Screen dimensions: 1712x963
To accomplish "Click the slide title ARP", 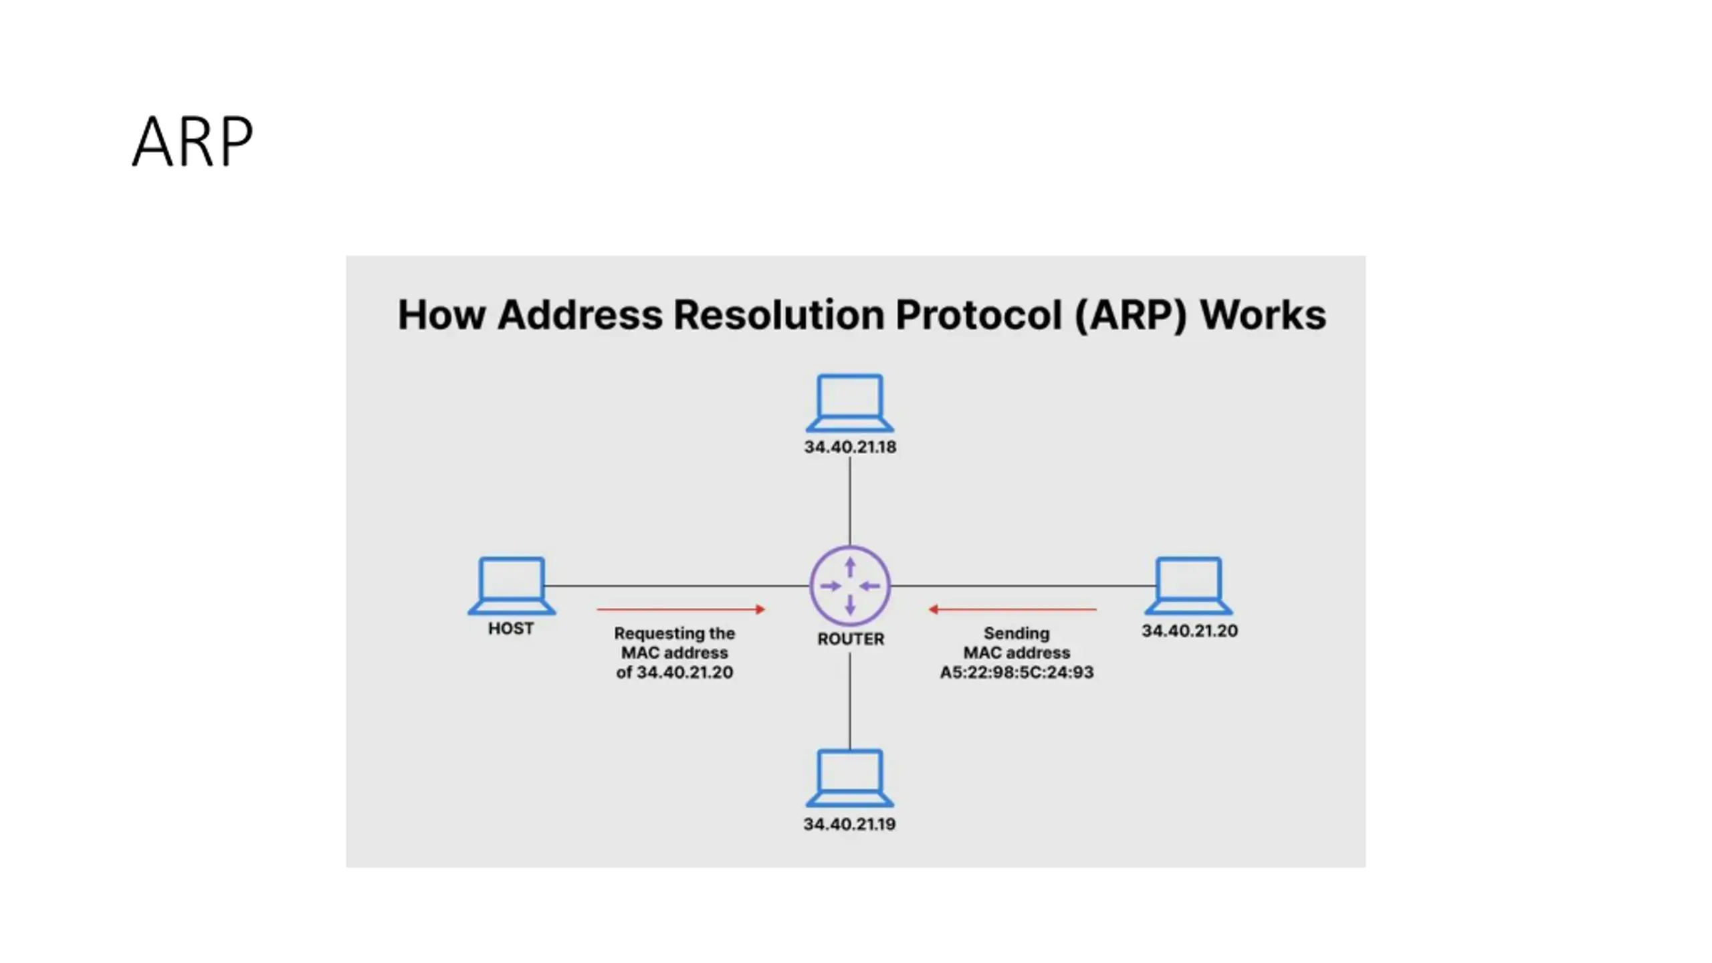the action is (x=193, y=141).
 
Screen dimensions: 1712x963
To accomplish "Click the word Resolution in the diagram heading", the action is (x=779, y=314).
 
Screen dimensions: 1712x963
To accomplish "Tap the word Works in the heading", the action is (x=1263, y=314).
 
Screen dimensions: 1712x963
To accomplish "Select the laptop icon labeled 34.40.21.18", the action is (x=850, y=403).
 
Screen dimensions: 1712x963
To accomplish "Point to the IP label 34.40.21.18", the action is (x=850, y=447).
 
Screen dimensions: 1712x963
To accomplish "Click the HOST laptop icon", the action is (x=512, y=586).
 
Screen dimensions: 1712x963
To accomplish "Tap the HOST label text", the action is (x=511, y=629).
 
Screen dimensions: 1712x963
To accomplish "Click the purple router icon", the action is (x=850, y=586).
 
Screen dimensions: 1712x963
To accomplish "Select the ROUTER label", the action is (x=851, y=639).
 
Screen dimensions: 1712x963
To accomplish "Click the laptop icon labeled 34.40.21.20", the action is (x=1189, y=586).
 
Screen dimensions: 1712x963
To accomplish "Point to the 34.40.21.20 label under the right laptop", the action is (x=1190, y=631).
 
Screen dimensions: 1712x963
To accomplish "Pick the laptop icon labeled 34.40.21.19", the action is (x=850, y=778).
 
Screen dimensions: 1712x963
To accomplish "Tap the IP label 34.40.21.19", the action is (x=849, y=824).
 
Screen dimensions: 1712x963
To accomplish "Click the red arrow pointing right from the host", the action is (x=681, y=609).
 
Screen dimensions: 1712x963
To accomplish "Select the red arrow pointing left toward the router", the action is (x=1012, y=609).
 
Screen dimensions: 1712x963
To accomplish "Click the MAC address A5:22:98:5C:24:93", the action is (x=1016, y=672).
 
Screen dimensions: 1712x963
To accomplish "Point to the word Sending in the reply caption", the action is (x=1016, y=633).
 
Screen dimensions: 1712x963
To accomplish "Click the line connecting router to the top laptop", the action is (x=850, y=501).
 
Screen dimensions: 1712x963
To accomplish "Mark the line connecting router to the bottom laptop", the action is (x=850, y=701).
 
